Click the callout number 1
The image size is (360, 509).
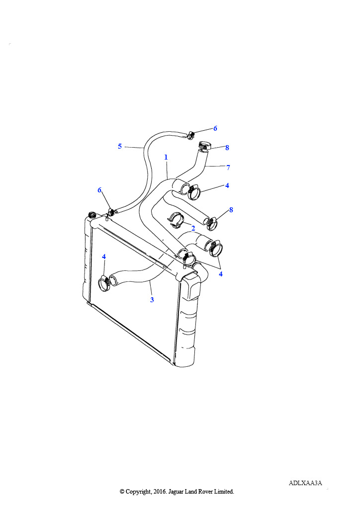point(166,157)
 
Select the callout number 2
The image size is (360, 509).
point(193,228)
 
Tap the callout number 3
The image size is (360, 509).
point(152,300)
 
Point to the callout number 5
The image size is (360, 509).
point(120,146)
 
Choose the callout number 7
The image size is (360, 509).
point(228,168)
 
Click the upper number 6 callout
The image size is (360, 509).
point(215,128)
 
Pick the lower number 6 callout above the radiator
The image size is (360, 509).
point(99,190)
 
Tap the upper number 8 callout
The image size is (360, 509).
point(227,148)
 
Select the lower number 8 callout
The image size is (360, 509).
point(231,210)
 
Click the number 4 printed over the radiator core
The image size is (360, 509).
point(104,256)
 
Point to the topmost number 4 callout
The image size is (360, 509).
point(227,186)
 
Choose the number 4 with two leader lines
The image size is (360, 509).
point(221,274)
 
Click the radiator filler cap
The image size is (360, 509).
point(91,215)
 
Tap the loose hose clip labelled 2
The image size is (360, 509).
point(176,220)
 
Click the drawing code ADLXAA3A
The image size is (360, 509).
point(305,483)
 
